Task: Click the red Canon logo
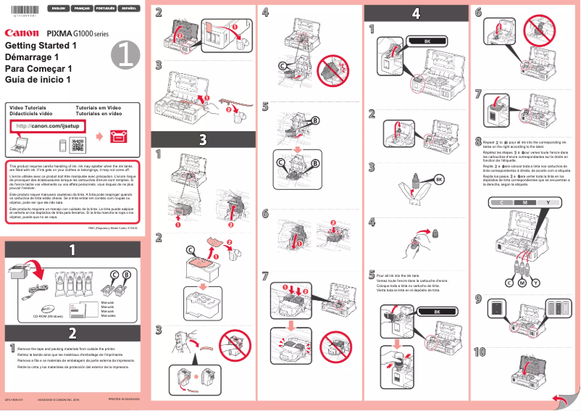[x=22, y=33]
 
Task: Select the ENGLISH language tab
[x=58, y=8]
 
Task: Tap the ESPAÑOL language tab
[x=128, y=8]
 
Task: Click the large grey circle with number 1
[x=124, y=53]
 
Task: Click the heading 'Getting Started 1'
[x=41, y=46]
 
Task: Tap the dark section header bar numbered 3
[x=202, y=138]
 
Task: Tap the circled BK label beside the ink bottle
[x=439, y=178]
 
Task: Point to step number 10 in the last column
[x=480, y=352]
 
